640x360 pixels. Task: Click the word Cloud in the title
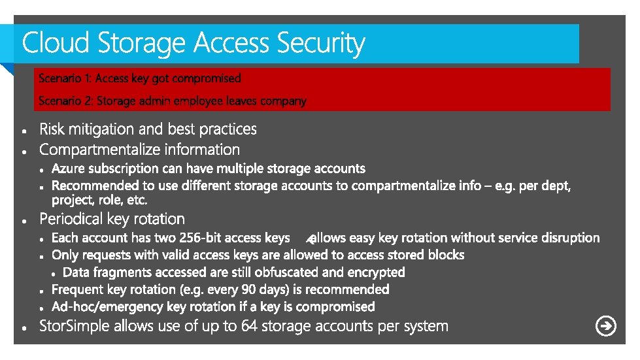pos(56,43)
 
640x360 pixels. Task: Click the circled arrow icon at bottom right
pos(606,325)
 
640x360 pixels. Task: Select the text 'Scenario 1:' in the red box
pos(65,78)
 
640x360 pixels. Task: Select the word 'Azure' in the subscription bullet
pos(69,169)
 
